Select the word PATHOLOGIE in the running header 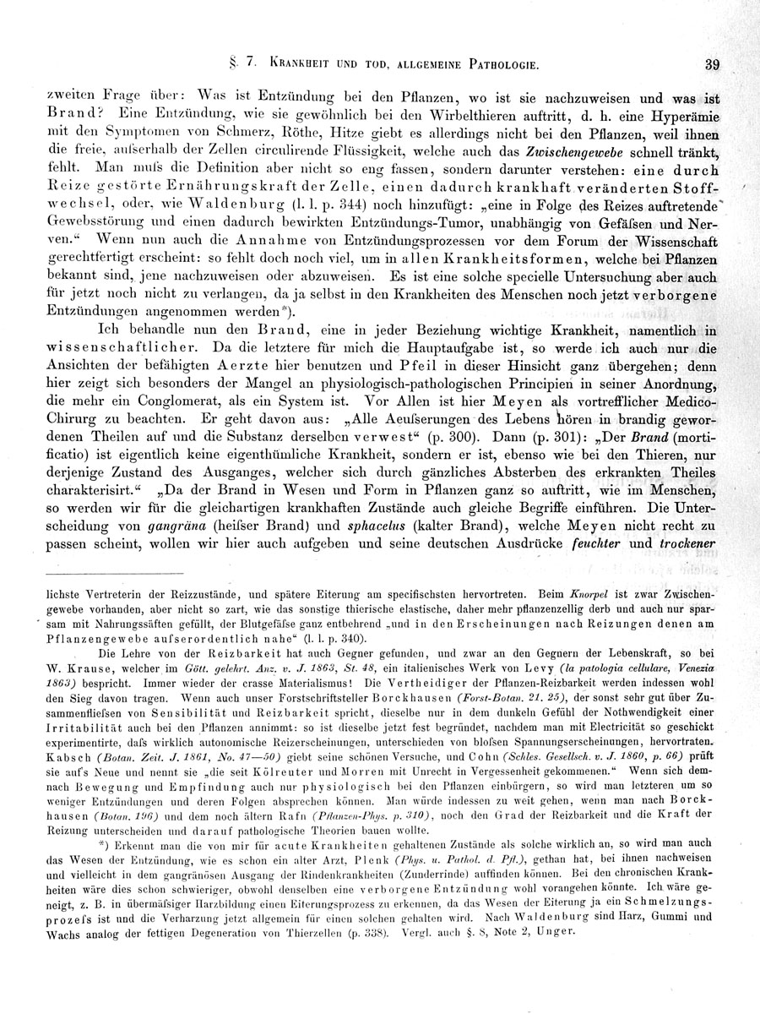[x=495, y=64]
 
